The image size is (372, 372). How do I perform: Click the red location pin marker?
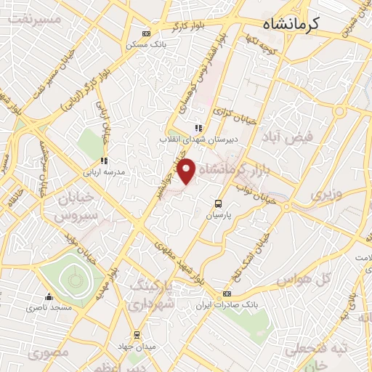[x=187, y=170]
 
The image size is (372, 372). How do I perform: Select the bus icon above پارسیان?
[x=218, y=204]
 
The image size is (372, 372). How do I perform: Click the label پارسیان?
[x=218, y=217]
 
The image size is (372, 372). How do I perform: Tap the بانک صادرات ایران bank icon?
[x=227, y=294]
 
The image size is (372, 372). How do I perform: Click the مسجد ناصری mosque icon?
[x=49, y=296]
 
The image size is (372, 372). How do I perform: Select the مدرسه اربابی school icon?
[x=105, y=161]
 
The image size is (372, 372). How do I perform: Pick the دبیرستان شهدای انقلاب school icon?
[x=198, y=128]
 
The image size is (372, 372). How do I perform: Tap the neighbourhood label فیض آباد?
[x=310, y=136]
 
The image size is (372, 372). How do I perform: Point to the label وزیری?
[x=326, y=195]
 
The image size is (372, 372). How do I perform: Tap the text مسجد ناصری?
[x=49, y=308]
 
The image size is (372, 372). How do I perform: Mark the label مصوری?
[x=49, y=352]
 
